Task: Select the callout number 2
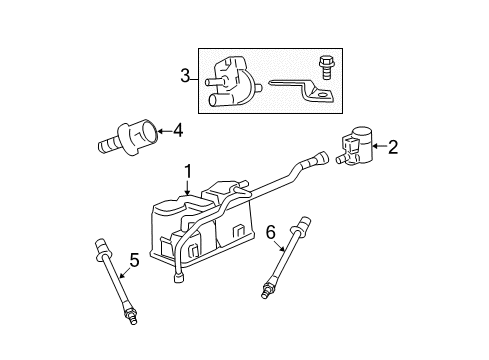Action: tap(392, 149)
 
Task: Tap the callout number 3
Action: tap(185, 75)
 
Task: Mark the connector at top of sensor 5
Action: tap(100, 246)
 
